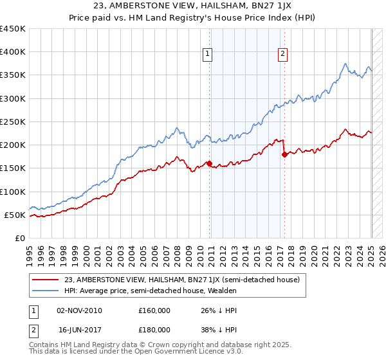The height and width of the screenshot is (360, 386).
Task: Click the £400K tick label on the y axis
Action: click(x=13, y=52)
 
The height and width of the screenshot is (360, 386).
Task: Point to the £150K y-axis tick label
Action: click(x=13, y=168)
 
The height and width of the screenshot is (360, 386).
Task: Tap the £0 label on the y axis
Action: click(x=19, y=238)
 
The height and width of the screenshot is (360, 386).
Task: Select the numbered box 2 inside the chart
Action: click(x=282, y=55)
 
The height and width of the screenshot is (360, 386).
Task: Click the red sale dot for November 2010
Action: click(x=210, y=163)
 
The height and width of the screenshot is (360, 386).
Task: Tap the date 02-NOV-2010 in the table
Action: click(x=80, y=310)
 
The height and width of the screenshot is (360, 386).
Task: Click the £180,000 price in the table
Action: click(x=154, y=329)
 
